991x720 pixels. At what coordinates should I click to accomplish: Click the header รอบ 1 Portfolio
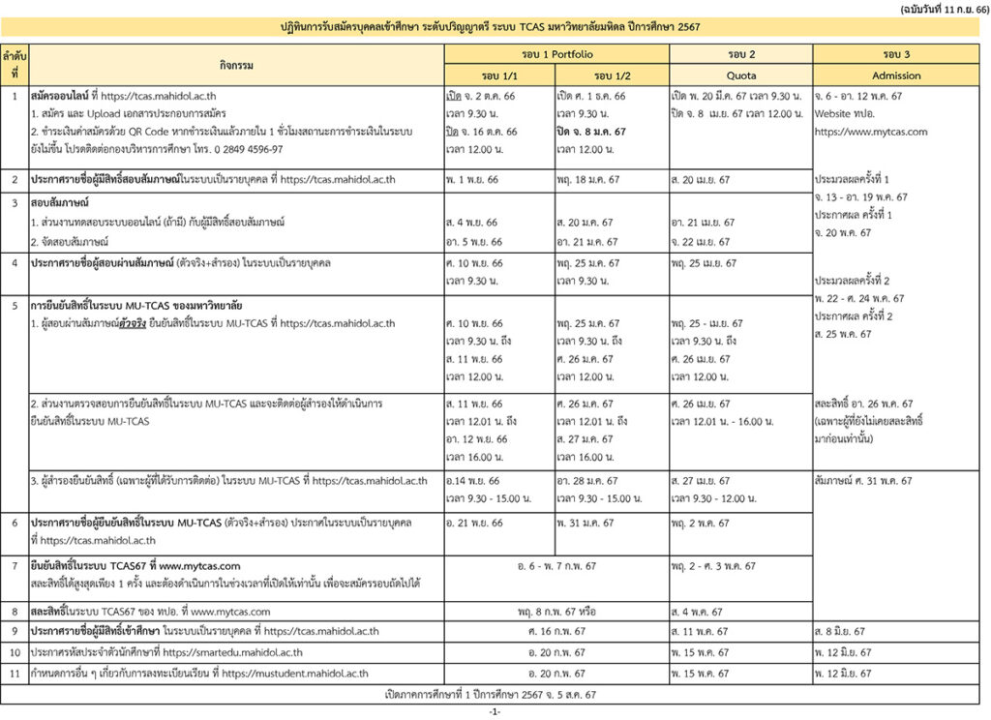tap(556, 54)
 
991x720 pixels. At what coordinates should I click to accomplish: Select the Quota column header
tap(741, 75)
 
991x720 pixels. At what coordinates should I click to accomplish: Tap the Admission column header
tap(896, 75)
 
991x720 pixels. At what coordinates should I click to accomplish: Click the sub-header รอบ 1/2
tap(613, 75)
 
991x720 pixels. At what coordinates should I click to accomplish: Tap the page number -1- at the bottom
tap(495, 711)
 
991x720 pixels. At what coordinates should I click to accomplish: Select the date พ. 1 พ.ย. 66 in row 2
tap(473, 180)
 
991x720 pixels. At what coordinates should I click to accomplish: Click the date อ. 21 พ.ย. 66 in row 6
tap(474, 524)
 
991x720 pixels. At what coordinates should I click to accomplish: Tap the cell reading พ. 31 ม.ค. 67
tap(586, 524)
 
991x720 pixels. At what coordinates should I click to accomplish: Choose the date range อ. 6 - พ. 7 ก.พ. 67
tap(556, 566)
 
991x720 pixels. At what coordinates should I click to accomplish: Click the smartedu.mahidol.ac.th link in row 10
tap(232, 653)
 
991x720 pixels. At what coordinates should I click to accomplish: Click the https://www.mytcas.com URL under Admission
tap(871, 132)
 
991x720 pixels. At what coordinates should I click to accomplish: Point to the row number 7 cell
tap(15, 566)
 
